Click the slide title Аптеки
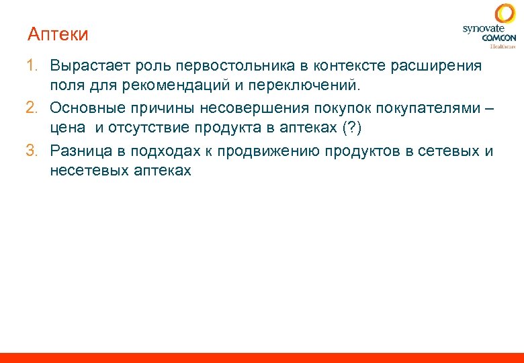tap(58, 34)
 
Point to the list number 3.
tap(32, 151)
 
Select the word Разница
tap(79, 151)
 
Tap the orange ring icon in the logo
tap(505, 14)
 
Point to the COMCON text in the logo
tap(498, 38)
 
